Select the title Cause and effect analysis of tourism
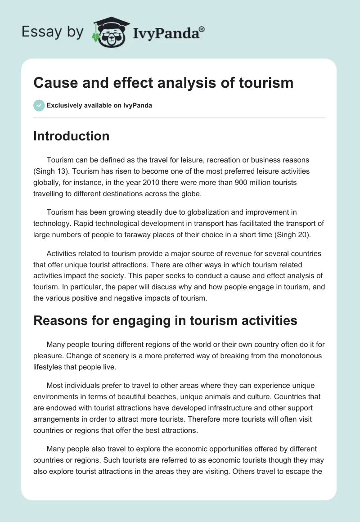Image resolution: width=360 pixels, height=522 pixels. click(163, 82)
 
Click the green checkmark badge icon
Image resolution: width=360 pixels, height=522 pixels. click(39, 105)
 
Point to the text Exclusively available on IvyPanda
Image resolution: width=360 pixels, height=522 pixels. click(99, 106)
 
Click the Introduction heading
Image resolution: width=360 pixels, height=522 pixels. click(72, 136)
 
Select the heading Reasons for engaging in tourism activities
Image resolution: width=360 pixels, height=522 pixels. click(166, 320)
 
